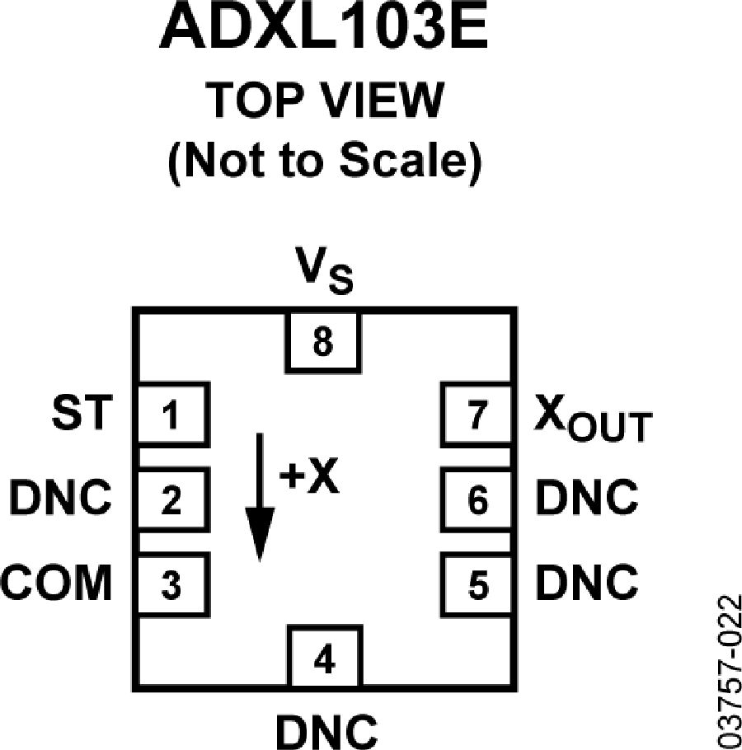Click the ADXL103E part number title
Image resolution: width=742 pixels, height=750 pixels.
(x=324, y=26)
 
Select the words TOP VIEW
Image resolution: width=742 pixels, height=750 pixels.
(x=325, y=101)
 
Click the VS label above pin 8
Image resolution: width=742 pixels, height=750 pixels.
(x=324, y=270)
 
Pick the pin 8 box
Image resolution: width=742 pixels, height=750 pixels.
(x=323, y=343)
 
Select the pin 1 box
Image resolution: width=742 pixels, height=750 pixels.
(x=174, y=415)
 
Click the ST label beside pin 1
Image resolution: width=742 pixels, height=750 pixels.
(x=82, y=412)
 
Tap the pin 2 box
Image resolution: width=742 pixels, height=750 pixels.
(x=174, y=499)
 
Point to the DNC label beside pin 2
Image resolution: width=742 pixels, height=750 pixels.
(x=60, y=498)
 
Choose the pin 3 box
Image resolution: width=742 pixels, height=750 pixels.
(x=174, y=584)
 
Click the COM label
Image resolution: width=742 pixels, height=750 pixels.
(x=56, y=582)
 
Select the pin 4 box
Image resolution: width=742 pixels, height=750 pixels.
(x=325, y=658)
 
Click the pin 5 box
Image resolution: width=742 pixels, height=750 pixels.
(x=477, y=584)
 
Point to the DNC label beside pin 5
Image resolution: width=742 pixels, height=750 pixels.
(x=587, y=582)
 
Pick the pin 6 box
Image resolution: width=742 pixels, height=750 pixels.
(x=477, y=499)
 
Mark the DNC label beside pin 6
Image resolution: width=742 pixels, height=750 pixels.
(x=587, y=498)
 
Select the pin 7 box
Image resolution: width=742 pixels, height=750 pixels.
(x=477, y=415)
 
